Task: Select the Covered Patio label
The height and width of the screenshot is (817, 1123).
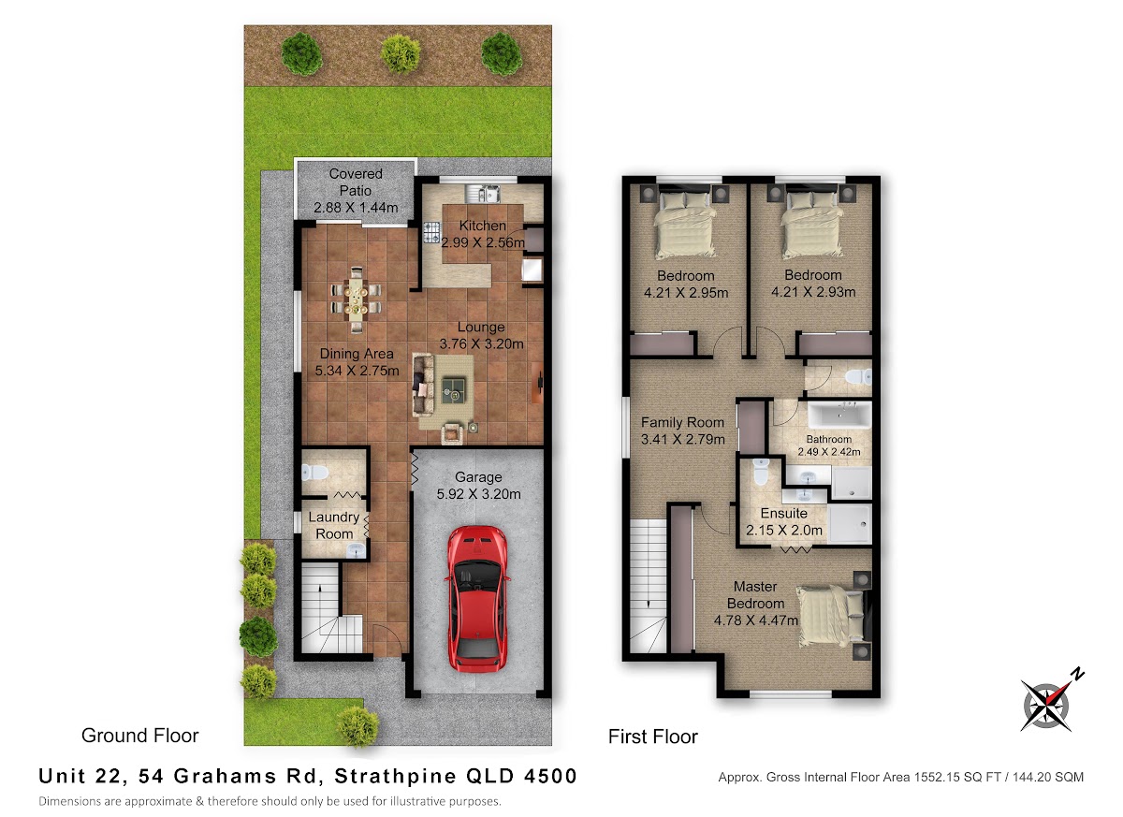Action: point(356,182)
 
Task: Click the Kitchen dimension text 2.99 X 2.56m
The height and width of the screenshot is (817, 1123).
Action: point(483,242)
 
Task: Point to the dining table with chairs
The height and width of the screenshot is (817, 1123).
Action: point(356,299)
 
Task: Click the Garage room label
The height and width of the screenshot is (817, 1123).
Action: point(478,477)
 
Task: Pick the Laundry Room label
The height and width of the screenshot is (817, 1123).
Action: point(334,525)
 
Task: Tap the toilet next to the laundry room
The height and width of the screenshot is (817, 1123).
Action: point(314,473)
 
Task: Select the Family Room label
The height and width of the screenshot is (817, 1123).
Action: point(682,422)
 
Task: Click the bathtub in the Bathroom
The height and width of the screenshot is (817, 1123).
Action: point(839,415)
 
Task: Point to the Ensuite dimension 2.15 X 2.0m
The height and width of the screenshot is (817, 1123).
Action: point(783,531)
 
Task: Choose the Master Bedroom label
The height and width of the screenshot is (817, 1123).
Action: point(755,595)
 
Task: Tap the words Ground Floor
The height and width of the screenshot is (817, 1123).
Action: point(139,736)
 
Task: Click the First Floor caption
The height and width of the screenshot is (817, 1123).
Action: point(653,737)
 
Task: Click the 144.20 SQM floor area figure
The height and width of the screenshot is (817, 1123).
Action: point(1048,777)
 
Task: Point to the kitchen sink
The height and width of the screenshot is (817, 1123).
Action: point(482,193)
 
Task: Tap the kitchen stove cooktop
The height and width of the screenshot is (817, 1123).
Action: point(432,232)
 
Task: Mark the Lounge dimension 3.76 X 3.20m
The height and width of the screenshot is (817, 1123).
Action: point(481,343)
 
